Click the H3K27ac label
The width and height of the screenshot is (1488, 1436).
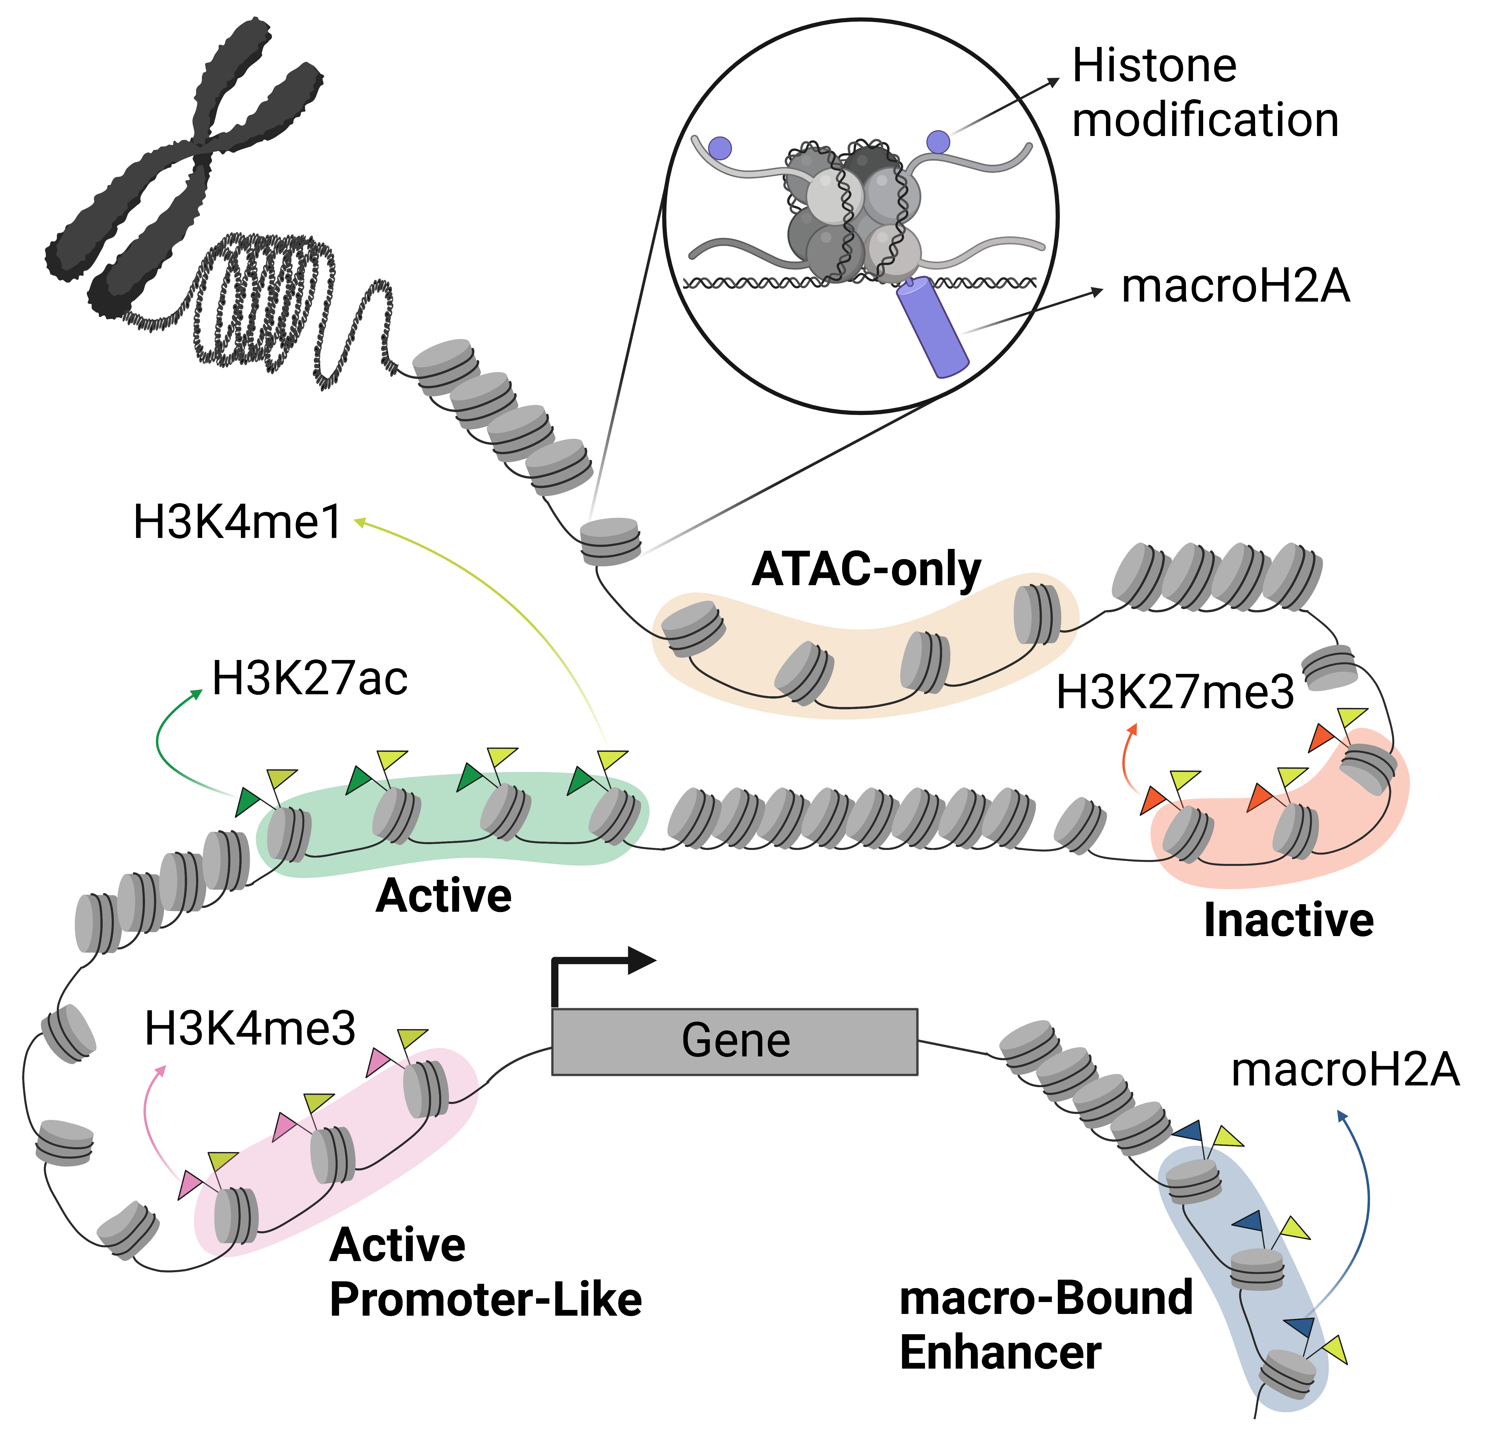(x=310, y=678)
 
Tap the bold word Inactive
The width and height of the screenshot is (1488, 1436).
(x=1288, y=920)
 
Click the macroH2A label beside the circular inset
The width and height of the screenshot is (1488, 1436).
(x=1235, y=287)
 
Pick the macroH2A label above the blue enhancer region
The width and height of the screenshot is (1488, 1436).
(x=1344, y=1070)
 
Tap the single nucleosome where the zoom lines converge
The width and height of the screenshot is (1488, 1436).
(x=610, y=541)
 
